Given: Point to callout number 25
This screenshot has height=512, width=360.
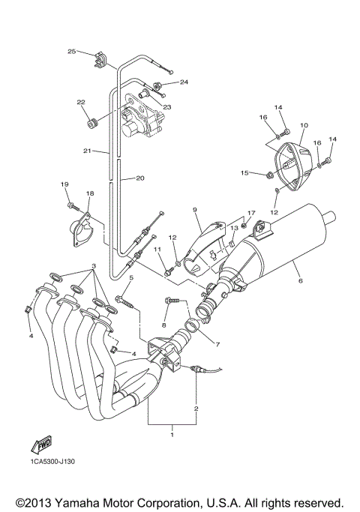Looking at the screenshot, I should (x=72, y=52).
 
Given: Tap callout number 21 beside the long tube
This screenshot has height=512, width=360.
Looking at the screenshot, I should (x=87, y=151).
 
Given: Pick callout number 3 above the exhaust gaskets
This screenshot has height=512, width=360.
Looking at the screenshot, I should (x=93, y=267).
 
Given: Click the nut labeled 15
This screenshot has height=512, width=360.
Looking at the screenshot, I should (x=268, y=176).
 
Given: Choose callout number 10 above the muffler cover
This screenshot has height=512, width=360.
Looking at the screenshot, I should (x=304, y=126).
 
